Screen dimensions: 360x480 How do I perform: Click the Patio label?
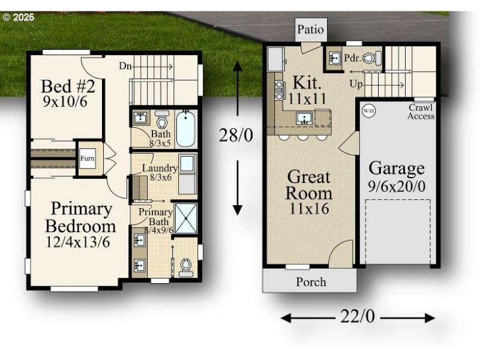[311, 29]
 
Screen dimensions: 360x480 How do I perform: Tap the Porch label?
[311, 281]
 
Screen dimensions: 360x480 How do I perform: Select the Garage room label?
[396, 168]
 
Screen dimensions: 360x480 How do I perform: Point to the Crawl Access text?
[421, 112]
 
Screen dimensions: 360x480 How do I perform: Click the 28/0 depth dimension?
[236, 136]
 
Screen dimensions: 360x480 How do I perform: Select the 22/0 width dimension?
[358, 317]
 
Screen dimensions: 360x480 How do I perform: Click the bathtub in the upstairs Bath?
[187, 128]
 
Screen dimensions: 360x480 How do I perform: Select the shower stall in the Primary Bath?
[185, 218]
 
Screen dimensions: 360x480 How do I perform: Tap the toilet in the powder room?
[373, 58]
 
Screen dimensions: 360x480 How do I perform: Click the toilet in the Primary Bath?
[186, 266]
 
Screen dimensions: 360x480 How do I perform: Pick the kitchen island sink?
[304, 118]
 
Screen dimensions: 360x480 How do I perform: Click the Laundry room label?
[159, 169]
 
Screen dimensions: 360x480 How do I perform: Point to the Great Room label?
[308, 185]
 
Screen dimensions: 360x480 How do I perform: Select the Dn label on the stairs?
[125, 66]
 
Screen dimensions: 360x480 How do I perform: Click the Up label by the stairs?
[356, 85]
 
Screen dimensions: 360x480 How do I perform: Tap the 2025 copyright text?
[19, 17]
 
